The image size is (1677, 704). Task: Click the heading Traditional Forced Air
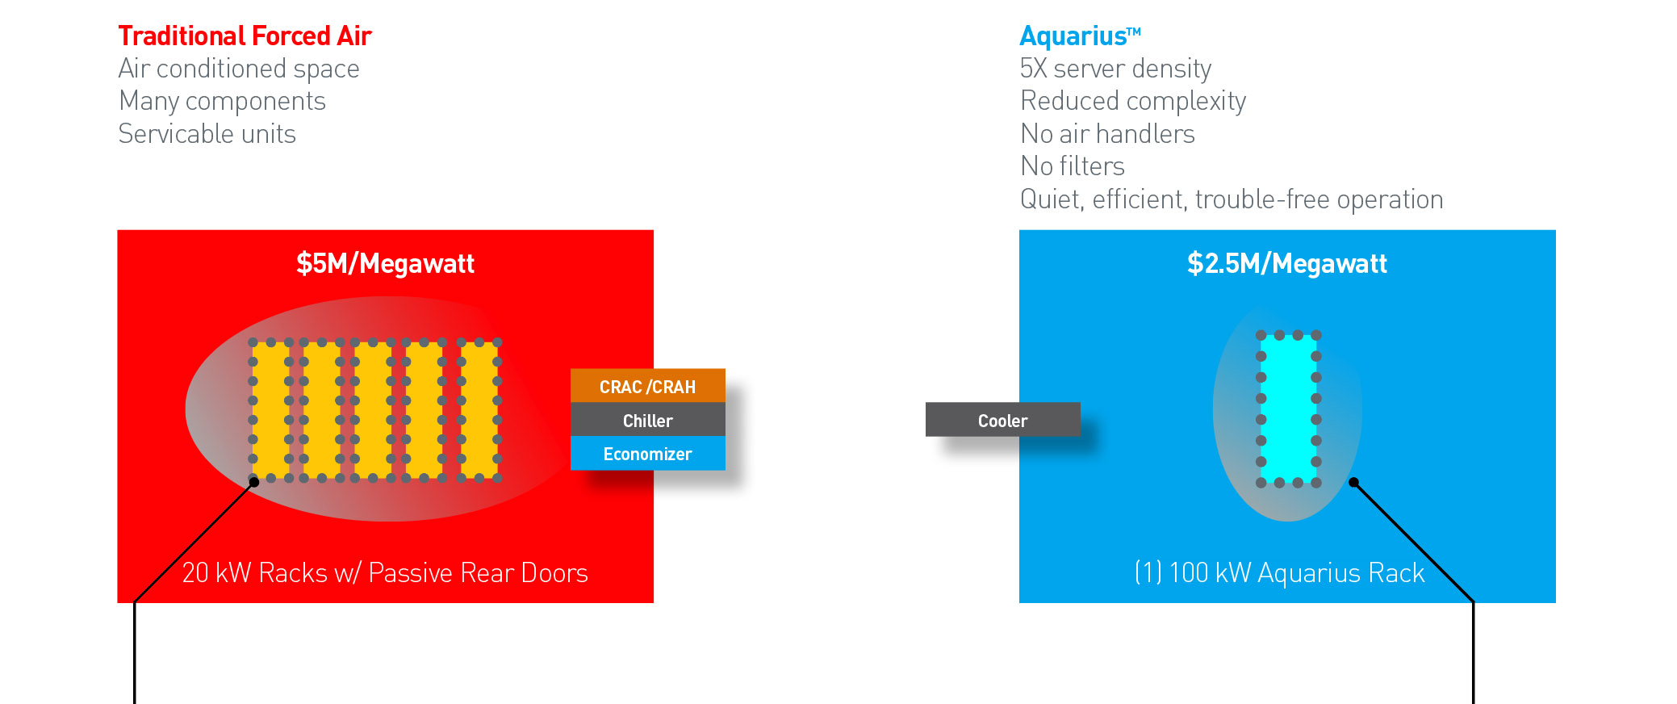tap(245, 36)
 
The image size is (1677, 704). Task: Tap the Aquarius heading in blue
tap(1081, 36)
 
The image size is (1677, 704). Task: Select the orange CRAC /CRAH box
tap(648, 386)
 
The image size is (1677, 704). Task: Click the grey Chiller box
tap(648, 420)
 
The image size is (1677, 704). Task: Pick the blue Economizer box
tap(648, 454)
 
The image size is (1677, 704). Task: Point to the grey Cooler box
tap(1003, 420)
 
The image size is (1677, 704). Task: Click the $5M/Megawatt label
tap(385, 264)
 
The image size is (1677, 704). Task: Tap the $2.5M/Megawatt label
tap(1287, 264)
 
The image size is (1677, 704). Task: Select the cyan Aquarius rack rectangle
tap(1289, 409)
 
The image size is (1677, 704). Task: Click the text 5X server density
tap(1115, 69)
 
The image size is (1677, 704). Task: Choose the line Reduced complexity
tap(1133, 102)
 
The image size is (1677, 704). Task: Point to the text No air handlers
tap(1107, 134)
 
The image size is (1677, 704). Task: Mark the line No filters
tap(1073, 166)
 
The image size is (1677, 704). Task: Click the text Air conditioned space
tap(239, 69)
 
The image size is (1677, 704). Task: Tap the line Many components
tap(222, 102)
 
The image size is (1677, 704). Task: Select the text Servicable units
tap(207, 134)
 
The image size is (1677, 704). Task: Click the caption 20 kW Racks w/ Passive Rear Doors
tap(385, 573)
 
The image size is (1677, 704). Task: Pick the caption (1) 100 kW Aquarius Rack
tap(1280, 573)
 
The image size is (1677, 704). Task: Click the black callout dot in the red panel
tap(254, 482)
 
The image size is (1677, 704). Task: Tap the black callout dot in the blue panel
tap(1354, 483)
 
